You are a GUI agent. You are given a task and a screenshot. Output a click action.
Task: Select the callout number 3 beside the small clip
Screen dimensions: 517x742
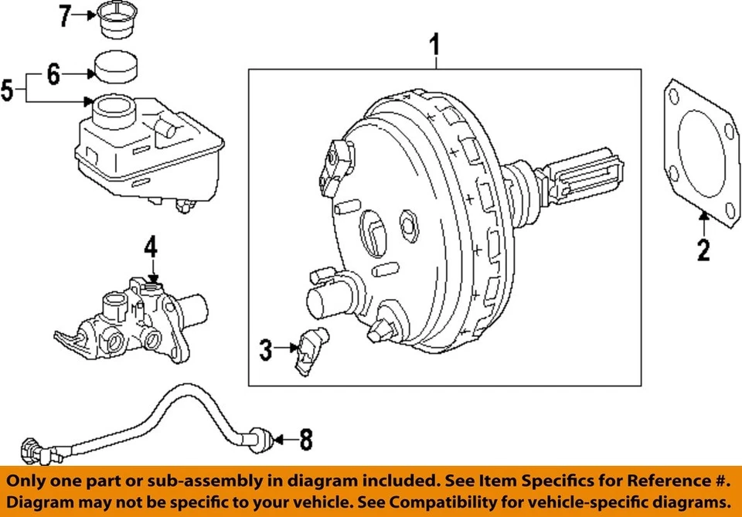(266, 350)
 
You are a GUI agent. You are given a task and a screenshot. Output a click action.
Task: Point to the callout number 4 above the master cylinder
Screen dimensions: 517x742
(150, 248)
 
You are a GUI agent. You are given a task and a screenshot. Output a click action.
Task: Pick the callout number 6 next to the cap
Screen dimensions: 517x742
(53, 75)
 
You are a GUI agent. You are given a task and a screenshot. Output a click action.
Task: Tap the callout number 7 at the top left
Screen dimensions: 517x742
(66, 15)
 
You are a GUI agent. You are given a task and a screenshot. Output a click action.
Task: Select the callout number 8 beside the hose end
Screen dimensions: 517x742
(305, 440)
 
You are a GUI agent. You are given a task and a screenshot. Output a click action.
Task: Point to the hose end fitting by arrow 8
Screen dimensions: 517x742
(261, 440)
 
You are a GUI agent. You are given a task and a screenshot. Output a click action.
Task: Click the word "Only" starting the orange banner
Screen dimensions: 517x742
(27, 481)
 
